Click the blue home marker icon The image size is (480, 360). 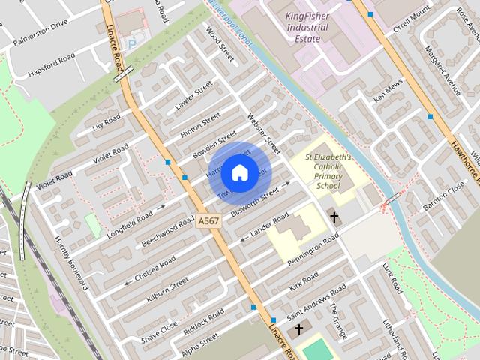(x=238, y=173)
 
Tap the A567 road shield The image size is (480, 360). (x=209, y=223)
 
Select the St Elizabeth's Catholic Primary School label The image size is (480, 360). (x=328, y=172)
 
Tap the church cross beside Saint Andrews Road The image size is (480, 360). (x=299, y=330)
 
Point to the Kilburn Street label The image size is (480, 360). (x=168, y=284)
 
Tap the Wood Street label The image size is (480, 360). (x=220, y=43)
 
